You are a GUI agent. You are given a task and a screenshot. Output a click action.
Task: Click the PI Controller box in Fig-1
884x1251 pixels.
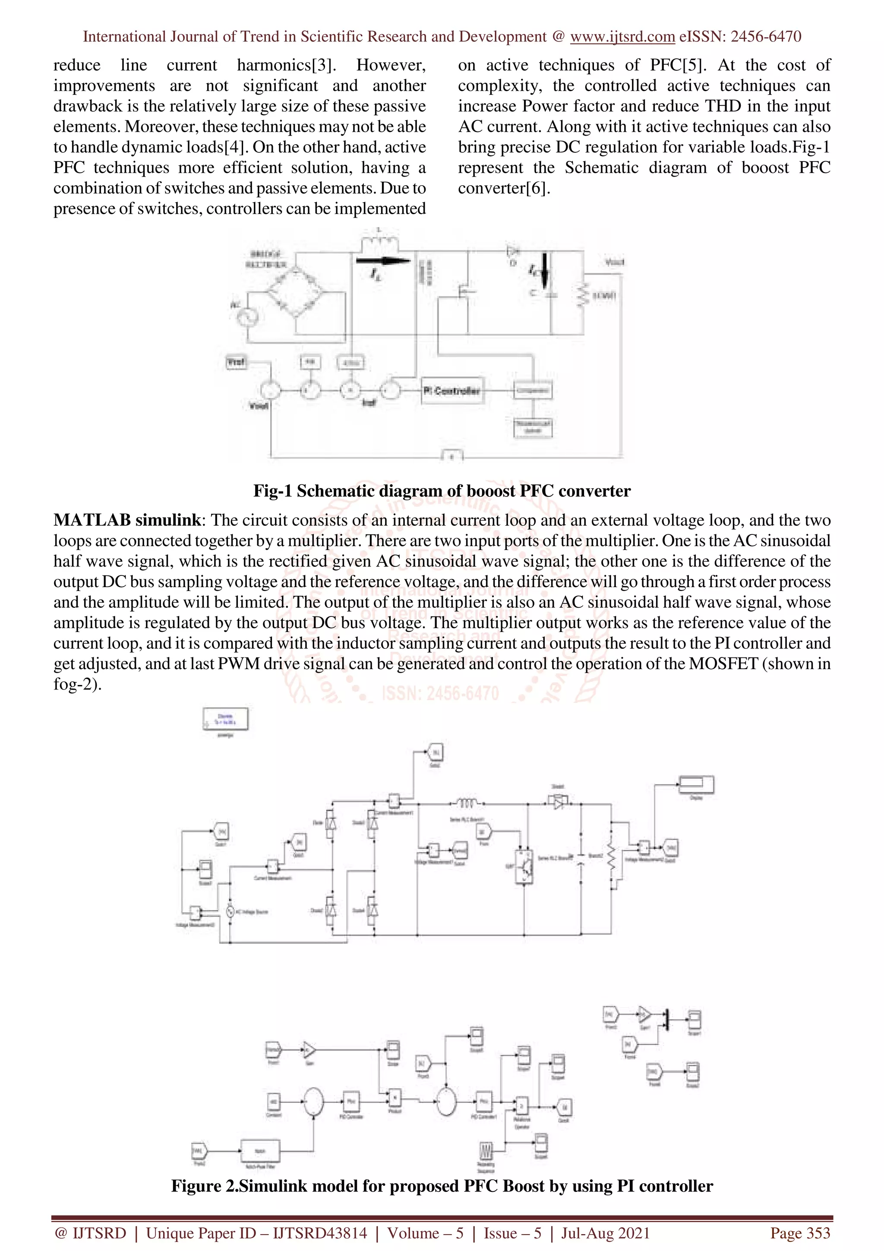pos(452,391)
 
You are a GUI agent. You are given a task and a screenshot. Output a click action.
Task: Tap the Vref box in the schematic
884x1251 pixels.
pos(236,362)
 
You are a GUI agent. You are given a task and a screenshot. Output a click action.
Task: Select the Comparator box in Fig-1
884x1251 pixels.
pos(533,391)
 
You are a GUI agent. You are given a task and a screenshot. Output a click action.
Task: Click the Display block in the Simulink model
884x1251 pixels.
pos(696,785)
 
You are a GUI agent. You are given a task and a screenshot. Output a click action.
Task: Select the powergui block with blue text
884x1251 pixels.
pos(225,719)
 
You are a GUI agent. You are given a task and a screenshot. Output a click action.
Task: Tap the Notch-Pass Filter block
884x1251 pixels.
pos(260,1151)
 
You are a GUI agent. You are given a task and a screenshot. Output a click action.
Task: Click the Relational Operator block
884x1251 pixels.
pos(522,1106)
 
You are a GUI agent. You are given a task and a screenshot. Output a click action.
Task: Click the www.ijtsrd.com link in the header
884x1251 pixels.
pos(622,37)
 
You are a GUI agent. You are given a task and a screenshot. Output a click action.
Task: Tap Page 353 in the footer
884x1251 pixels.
pos(799,1232)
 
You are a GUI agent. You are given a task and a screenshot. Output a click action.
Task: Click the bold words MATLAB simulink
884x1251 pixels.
pos(127,520)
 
